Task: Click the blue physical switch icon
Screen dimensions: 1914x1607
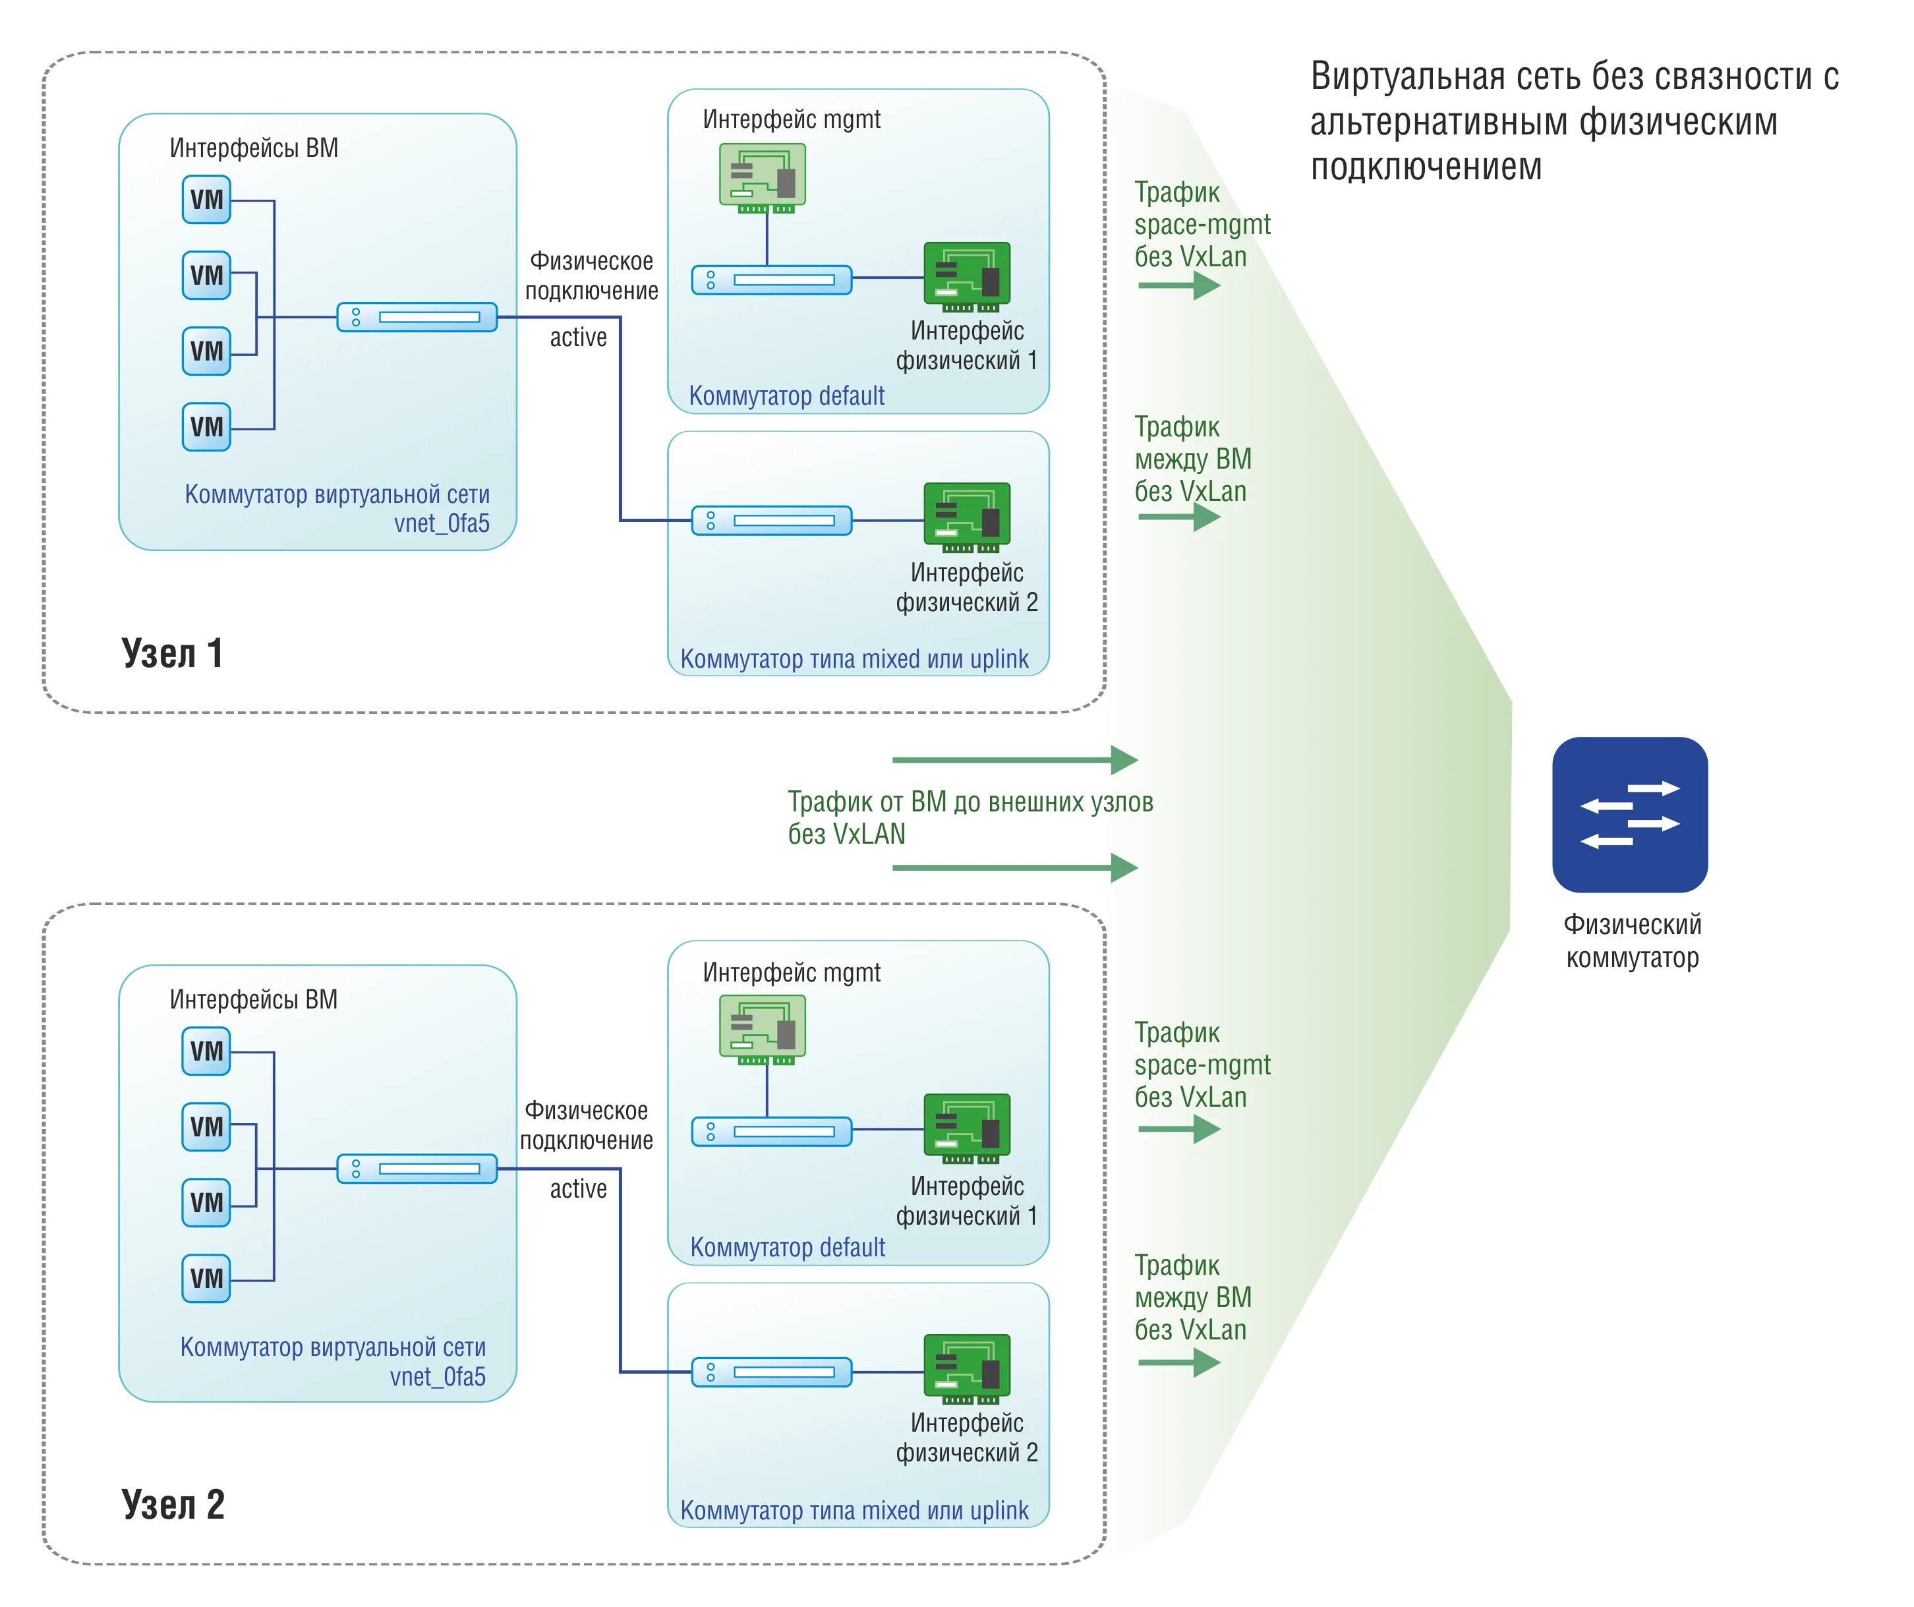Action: pos(1630,815)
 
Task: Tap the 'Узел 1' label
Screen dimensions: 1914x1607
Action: pos(172,654)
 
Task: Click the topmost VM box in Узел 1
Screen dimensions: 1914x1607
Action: pos(206,200)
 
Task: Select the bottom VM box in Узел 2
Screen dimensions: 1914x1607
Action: pos(206,1279)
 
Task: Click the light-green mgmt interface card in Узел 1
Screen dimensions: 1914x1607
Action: pos(763,178)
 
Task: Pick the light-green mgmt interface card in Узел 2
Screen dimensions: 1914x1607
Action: pos(763,1030)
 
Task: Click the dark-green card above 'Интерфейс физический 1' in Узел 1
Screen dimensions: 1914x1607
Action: pos(967,277)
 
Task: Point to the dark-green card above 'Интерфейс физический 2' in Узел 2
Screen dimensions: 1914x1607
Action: pos(967,1370)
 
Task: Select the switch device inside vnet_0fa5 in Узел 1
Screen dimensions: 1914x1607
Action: pos(417,317)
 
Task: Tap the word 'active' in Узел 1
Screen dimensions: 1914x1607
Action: pos(578,337)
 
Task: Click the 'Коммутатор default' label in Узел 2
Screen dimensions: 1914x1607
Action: pos(788,1248)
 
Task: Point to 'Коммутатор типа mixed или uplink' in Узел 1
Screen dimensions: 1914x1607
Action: pos(854,659)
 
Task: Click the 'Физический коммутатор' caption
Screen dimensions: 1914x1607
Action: pos(1633,941)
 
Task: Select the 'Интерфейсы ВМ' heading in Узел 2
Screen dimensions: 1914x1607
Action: pos(253,1000)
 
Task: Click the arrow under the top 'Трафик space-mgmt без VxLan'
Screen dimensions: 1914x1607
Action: pos(1179,285)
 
